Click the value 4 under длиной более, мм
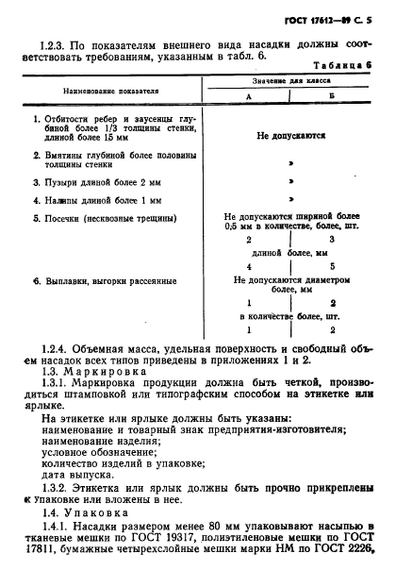248,265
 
